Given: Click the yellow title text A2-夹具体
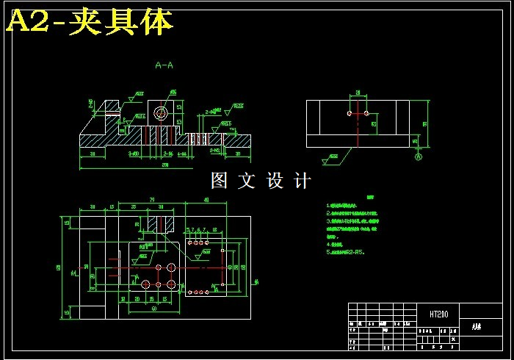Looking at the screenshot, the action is (90, 23).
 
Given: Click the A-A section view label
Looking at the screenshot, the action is (164, 65).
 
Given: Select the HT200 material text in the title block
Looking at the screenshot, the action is (438, 314).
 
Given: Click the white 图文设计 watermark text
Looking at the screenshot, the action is (261, 181).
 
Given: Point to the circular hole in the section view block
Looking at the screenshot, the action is (160, 113).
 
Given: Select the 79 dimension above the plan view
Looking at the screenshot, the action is (151, 199).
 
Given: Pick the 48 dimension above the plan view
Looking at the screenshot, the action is (205, 199).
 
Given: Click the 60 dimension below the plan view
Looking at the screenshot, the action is (154, 308).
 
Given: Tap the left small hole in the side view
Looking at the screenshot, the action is (348, 114).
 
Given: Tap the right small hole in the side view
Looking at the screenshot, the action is (366, 114).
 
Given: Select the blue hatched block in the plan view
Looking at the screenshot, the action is (160, 221).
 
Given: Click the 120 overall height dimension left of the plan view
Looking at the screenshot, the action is (59, 267).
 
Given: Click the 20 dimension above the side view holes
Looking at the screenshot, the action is (357, 93).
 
